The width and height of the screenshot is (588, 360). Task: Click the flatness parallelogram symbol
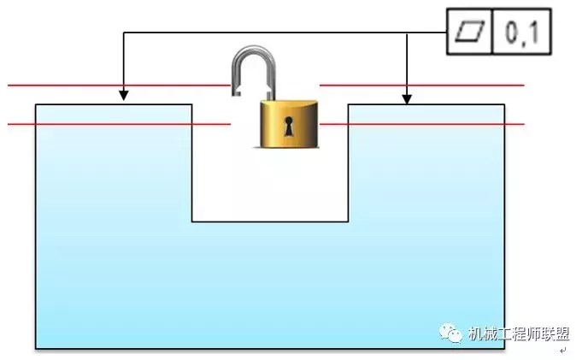[470, 32]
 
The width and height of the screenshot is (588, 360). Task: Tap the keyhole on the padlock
[290, 127]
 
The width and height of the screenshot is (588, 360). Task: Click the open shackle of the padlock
[252, 69]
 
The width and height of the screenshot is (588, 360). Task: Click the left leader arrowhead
[124, 95]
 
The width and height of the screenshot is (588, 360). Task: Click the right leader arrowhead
[408, 98]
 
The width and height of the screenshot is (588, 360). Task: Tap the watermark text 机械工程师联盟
[519, 334]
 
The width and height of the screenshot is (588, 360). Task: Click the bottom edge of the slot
[270, 221]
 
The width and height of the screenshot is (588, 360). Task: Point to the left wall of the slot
[191, 162]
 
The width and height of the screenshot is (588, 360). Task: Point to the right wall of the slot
[348, 162]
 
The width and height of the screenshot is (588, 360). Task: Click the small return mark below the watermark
[563, 350]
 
